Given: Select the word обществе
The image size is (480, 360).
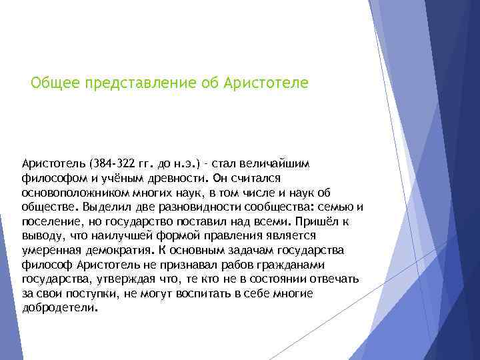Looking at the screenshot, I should click(47, 207).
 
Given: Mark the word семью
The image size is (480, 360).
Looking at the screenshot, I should click(335, 207).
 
